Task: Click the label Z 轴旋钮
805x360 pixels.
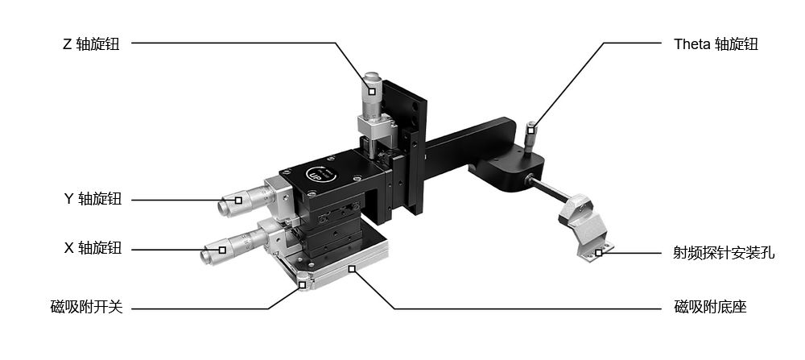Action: [x=91, y=44]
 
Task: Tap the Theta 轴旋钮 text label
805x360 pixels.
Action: [x=716, y=44]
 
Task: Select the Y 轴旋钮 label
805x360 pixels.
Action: [x=93, y=199]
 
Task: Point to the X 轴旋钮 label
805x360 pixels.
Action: [x=93, y=249]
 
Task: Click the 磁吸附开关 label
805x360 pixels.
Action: [x=87, y=308]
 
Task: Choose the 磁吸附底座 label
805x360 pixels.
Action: [x=710, y=308]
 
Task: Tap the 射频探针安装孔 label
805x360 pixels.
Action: [x=724, y=253]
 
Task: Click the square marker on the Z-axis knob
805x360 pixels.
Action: [x=372, y=92]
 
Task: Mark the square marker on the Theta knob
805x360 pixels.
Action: [x=530, y=130]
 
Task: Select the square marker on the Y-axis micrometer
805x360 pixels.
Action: [x=238, y=201]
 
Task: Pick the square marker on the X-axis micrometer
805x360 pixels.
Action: [x=222, y=250]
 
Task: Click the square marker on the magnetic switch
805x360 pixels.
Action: [x=303, y=285]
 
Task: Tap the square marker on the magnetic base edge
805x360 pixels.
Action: [x=353, y=268]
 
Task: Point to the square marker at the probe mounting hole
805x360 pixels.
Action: [x=598, y=253]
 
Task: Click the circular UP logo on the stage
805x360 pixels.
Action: [x=321, y=174]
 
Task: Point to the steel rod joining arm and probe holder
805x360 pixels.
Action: [x=548, y=189]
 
